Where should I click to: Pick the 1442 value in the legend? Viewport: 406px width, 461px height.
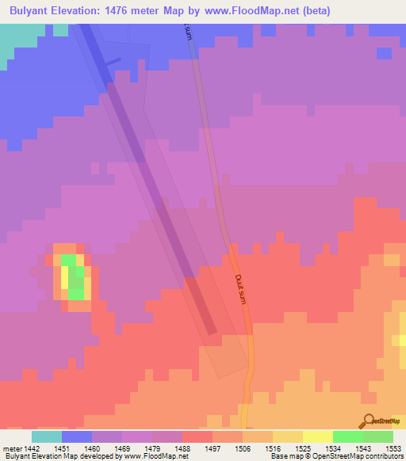click(29, 448)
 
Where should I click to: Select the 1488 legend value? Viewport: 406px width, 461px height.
click(183, 448)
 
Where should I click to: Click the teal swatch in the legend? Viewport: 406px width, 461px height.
click(47, 436)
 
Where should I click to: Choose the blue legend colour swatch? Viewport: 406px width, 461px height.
click(77, 436)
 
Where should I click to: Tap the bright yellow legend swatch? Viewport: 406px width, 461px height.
click(318, 436)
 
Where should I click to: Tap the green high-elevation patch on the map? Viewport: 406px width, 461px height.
click(74, 277)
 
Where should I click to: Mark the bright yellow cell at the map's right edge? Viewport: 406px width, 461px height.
click(401, 341)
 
